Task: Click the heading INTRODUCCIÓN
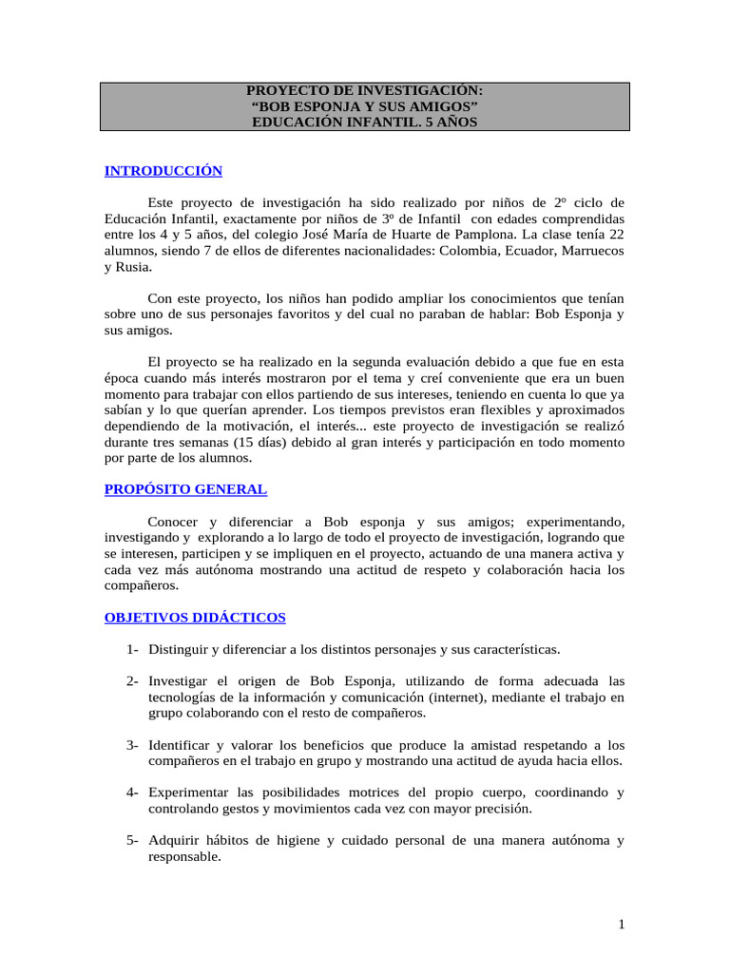(x=163, y=171)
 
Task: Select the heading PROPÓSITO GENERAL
(x=185, y=489)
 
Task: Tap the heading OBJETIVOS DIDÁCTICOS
(x=195, y=618)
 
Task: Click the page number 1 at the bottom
(x=620, y=925)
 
